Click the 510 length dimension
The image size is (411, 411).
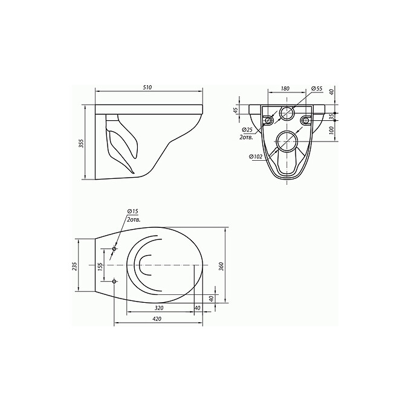(x=147, y=88)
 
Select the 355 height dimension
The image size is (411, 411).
(x=80, y=143)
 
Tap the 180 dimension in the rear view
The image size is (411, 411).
(x=285, y=89)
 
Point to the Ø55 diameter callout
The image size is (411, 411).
(x=317, y=89)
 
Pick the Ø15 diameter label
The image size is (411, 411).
(x=132, y=210)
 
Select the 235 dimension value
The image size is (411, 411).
(x=75, y=267)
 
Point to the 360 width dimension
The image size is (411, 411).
(x=221, y=266)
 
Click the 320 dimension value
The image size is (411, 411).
(x=159, y=308)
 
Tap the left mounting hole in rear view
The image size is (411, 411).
(x=267, y=119)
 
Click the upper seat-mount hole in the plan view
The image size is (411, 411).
(x=115, y=248)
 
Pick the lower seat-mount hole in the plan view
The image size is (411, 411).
(x=115, y=280)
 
